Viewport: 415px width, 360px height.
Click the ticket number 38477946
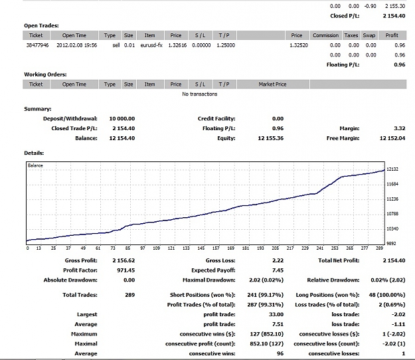coord(37,45)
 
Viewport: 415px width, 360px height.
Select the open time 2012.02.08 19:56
coord(77,45)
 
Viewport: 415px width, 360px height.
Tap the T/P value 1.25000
coord(226,45)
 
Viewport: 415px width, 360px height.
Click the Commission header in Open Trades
coord(325,35)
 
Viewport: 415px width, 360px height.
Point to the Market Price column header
coord(273,84)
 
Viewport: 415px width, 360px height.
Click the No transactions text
coord(200,94)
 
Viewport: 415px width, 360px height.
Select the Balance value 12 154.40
coord(122,138)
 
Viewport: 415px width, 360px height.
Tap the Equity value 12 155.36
coord(271,138)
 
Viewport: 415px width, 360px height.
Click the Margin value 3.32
coord(399,128)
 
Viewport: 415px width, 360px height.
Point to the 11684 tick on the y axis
coord(392,184)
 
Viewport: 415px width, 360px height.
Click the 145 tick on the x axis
coord(201,248)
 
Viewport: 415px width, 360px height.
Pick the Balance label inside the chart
coord(35,165)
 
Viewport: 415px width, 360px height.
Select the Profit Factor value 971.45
coord(126,270)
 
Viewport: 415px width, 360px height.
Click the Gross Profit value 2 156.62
coord(124,260)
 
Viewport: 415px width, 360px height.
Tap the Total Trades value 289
coord(130,295)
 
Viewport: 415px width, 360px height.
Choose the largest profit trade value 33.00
coord(276,314)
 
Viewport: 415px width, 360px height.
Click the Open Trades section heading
coord(41,26)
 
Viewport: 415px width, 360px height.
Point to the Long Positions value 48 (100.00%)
coord(387,295)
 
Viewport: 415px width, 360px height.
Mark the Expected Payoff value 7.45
coord(278,270)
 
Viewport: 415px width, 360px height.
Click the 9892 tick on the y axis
coord(392,244)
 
